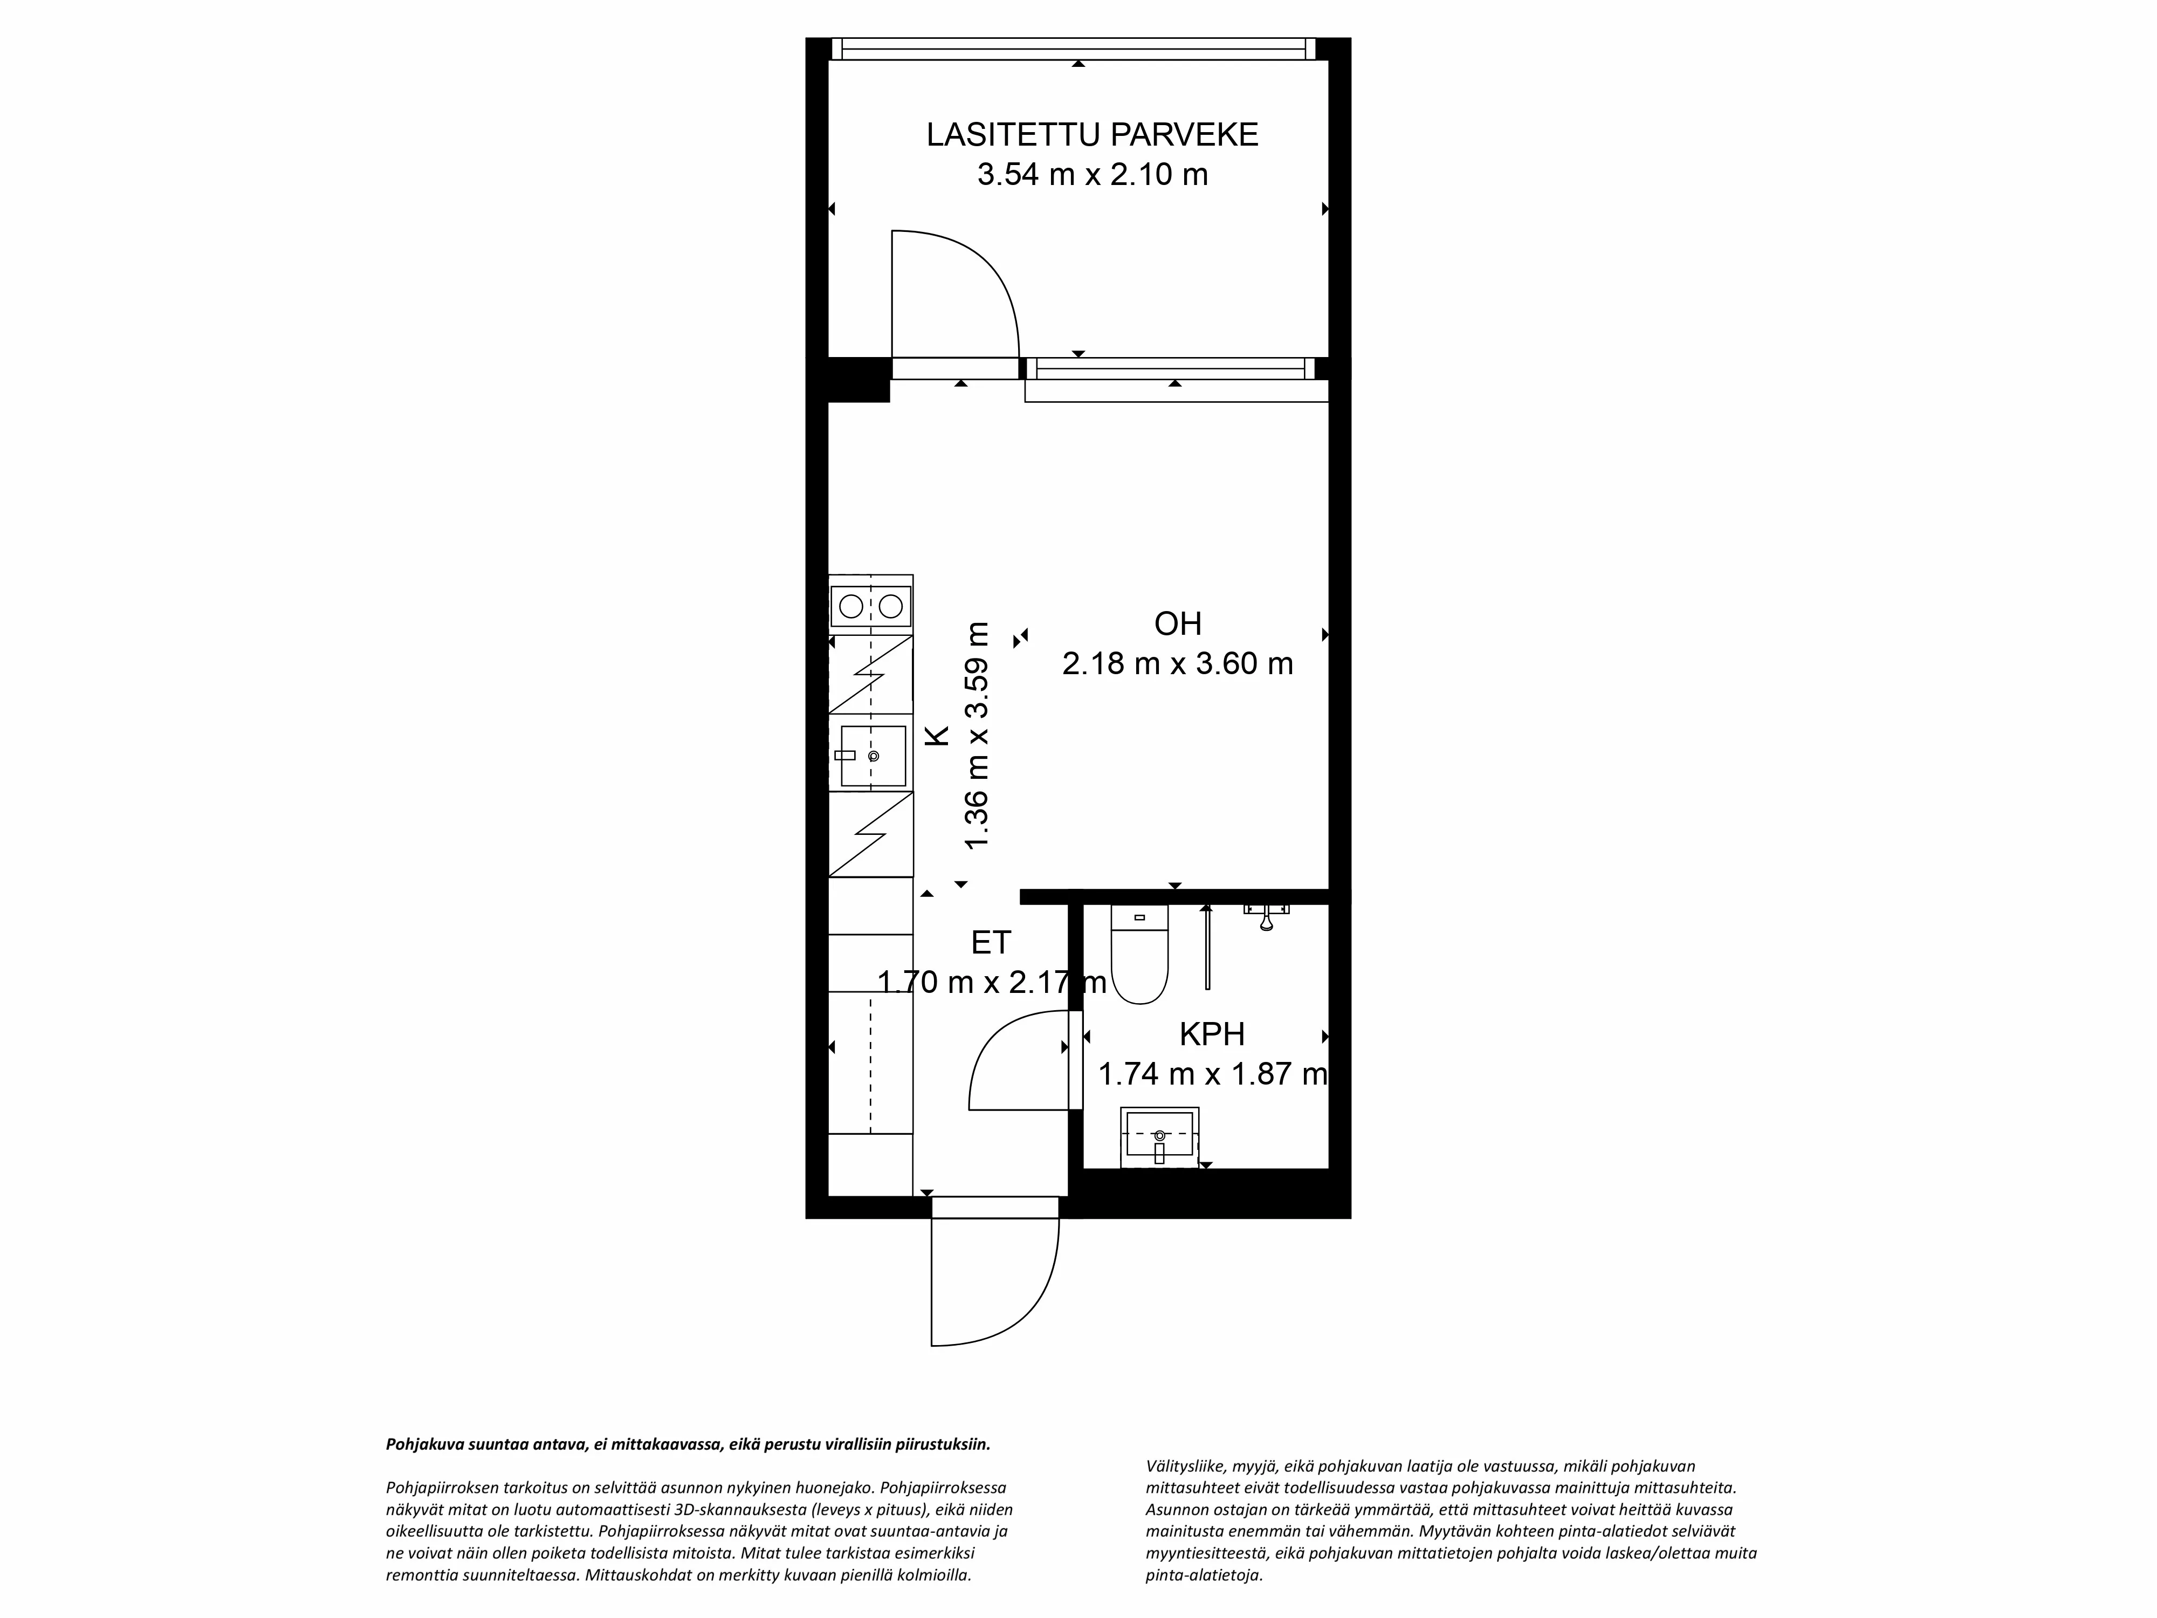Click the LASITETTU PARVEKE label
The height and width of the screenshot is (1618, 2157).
click(x=1092, y=135)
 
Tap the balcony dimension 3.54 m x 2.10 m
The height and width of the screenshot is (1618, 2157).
click(x=1092, y=175)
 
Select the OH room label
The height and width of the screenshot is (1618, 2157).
click(x=1177, y=623)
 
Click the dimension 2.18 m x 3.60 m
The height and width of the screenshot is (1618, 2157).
click(x=1177, y=664)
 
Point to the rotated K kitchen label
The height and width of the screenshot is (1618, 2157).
click(x=936, y=735)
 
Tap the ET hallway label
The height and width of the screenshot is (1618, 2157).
click(x=991, y=942)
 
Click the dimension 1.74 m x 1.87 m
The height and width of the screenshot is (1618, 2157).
click(x=1212, y=1074)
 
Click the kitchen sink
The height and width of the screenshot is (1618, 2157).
click(x=873, y=756)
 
